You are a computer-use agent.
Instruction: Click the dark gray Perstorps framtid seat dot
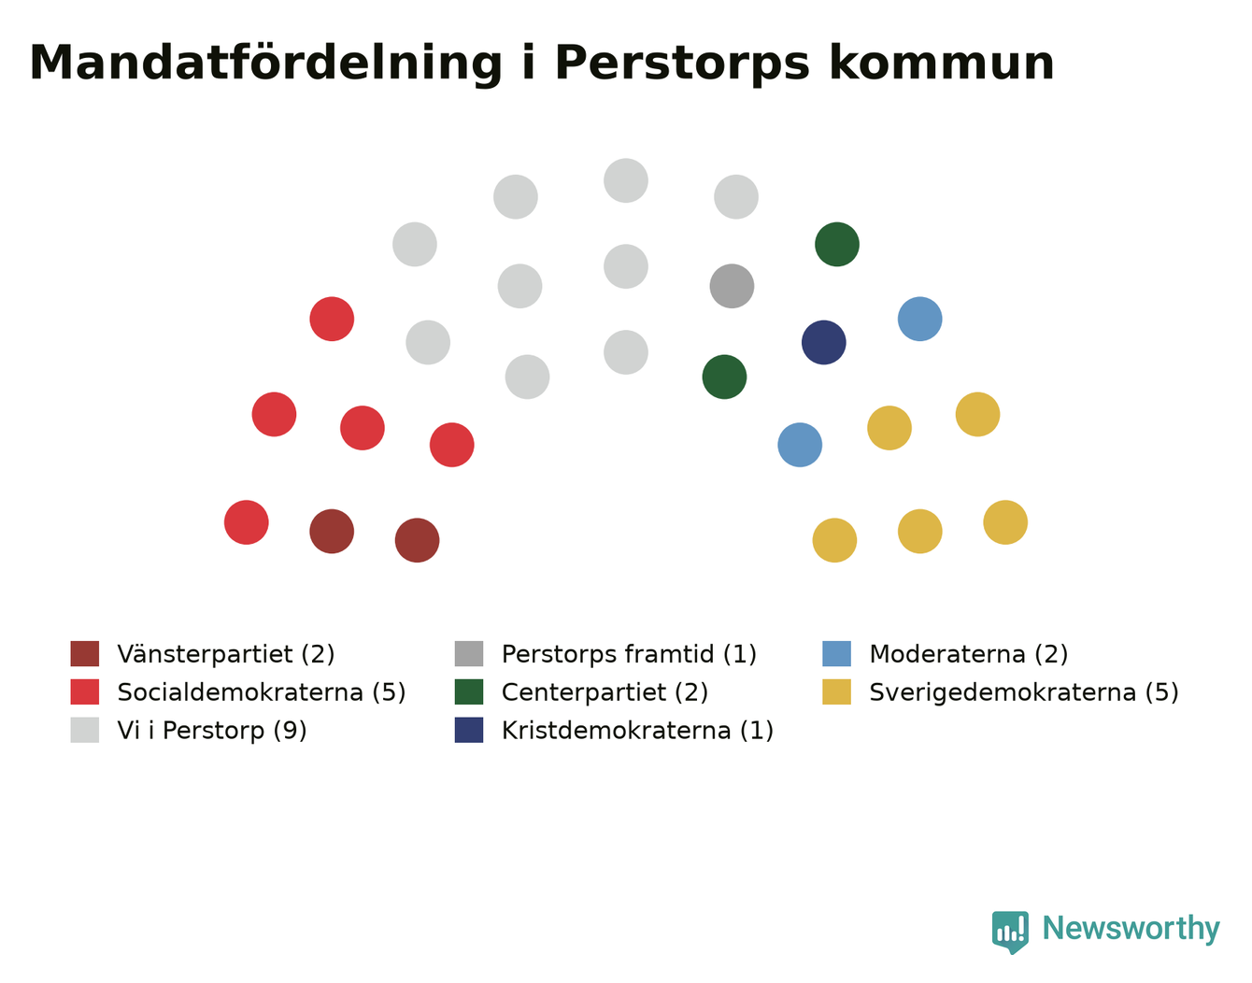[x=732, y=286]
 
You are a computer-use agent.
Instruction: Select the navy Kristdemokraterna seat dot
[x=823, y=342]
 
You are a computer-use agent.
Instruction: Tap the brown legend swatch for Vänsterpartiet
[x=85, y=653]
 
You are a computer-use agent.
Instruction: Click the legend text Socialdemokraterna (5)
[x=262, y=692]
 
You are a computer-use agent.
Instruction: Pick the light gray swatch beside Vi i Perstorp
[x=85, y=730]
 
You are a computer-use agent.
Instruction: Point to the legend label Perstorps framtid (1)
[x=629, y=654]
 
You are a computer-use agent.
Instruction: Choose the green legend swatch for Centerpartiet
[x=468, y=691]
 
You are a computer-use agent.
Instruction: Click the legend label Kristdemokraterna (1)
[x=637, y=731]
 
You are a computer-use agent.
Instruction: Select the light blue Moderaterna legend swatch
[x=836, y=653]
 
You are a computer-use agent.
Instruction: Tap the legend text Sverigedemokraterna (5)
[x=1024, y=692]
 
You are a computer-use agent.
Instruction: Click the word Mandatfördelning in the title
[x=265, y=64]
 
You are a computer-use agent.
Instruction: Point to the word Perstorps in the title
[x=682, y=64]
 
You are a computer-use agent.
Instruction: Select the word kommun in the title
[x=942, y=63]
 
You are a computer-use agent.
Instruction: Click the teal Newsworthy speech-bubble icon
[x=1009, y=932]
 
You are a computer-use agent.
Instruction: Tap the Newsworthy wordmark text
[x=1131, y=928]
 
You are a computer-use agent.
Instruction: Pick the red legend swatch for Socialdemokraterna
[x=85, y=691]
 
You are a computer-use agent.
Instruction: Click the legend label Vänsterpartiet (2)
[x=226, y=654]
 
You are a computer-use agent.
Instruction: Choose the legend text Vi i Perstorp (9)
[x=212, y=731]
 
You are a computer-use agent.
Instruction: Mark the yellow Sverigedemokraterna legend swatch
[x=836, y=691]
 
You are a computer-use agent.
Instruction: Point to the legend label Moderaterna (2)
[x=969, y=654]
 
